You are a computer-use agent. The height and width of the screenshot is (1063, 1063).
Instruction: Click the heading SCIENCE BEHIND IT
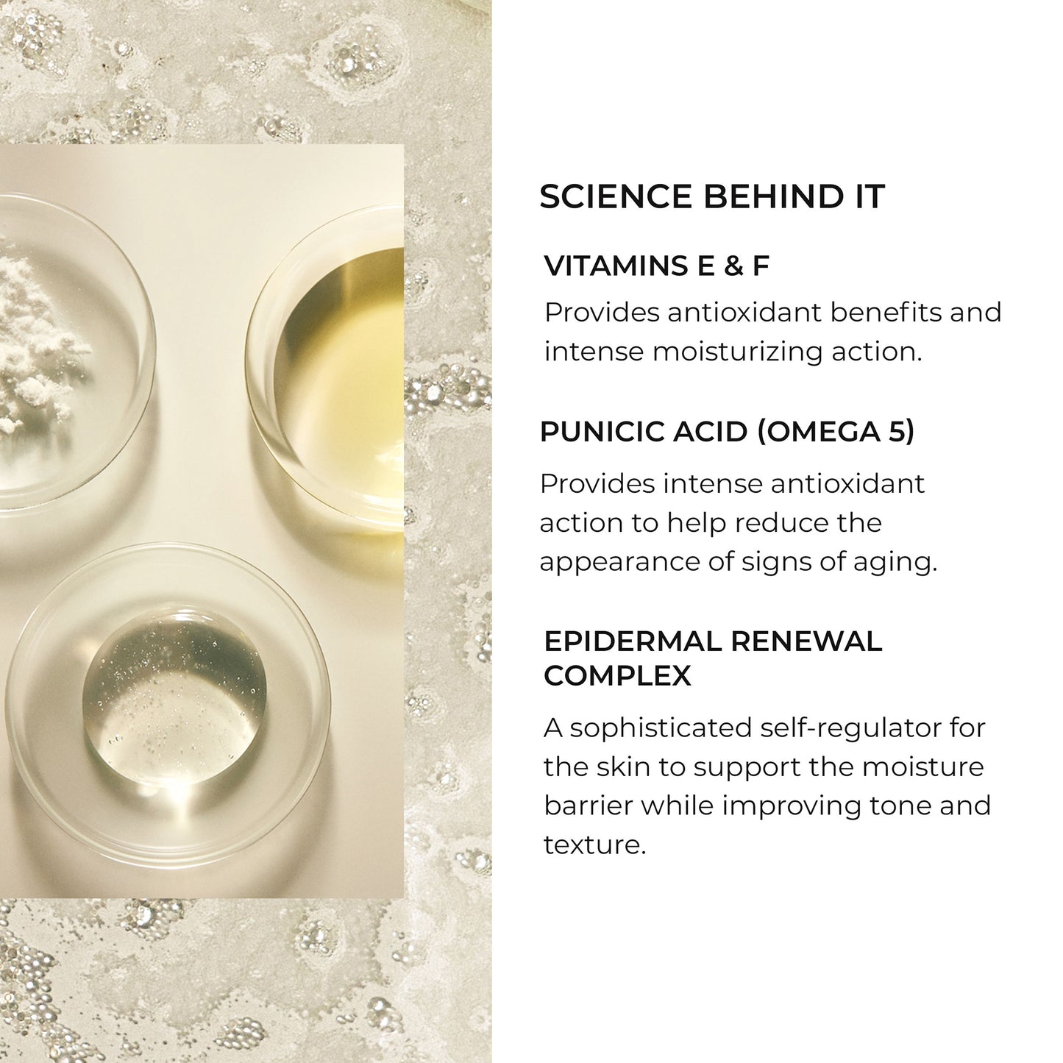pos(711,197)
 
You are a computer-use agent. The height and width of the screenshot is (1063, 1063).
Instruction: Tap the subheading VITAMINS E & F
pos(656,266)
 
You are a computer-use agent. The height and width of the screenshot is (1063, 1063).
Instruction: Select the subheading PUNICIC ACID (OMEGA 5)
pos(727,432)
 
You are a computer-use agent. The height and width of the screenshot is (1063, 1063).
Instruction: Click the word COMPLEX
pos(617,676)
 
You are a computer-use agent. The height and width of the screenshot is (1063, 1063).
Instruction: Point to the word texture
pos(594,845)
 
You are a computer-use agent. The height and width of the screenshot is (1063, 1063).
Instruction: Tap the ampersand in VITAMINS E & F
pos(733,266)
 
